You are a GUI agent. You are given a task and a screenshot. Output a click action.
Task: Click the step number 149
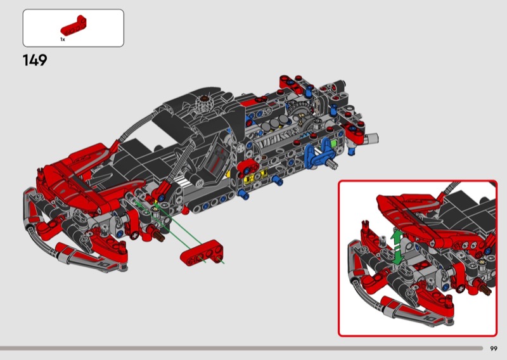(x=35, y=60)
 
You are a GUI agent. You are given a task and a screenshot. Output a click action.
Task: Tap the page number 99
(x=494, y=349)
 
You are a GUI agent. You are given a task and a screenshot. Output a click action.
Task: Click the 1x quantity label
(x=62, y=39)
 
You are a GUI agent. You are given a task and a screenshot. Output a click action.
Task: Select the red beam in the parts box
(x=74, y=25)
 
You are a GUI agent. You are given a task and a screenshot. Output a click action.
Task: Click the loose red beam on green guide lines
(x=202, y=252)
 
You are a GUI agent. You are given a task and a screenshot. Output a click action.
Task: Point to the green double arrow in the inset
(x=397, y=246)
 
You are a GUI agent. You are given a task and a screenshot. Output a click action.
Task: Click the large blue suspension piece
(x=318, y=157)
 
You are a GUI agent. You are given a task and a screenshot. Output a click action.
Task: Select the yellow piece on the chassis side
(x=256, y=176)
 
